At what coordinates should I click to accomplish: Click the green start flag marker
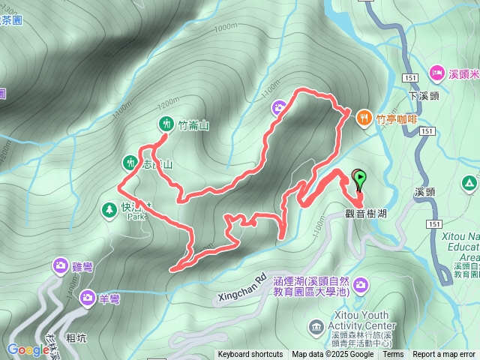(x=361, y=178)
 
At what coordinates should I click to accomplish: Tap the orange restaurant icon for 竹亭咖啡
(x=364, y=117)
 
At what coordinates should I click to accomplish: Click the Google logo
(x=28, y=349)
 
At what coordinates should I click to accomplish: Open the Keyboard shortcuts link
(x=250, y=355)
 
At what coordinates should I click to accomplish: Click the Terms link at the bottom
(x=392, y=355)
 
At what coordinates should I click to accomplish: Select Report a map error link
(x=444, y=355)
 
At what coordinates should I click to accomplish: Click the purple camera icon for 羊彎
(x=87, y=298)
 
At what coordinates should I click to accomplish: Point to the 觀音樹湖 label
(x=366, y=213)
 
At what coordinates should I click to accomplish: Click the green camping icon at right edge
(x=469, y=182)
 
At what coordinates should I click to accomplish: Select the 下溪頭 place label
(x=423, y=96)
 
